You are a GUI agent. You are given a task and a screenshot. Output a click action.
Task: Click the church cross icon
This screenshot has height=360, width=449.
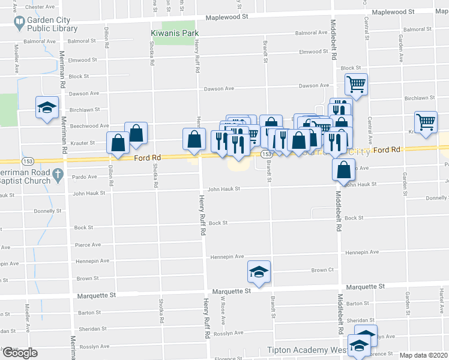point(58,175)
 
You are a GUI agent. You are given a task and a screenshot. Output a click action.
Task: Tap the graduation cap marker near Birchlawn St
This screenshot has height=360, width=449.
point(47,108)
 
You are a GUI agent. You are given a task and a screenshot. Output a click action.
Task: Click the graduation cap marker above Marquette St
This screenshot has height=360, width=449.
point(259,272)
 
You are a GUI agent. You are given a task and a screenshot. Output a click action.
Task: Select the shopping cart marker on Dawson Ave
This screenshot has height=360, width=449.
point(356,85)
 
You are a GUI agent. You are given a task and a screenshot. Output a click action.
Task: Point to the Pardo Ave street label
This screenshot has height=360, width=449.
point(84,177)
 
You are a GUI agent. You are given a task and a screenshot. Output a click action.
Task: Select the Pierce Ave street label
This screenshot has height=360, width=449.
point(88,245)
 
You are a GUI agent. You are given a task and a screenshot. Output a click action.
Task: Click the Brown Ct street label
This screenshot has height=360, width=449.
point(322,271)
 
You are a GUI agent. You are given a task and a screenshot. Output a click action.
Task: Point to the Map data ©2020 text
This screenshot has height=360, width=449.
point(424,355)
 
